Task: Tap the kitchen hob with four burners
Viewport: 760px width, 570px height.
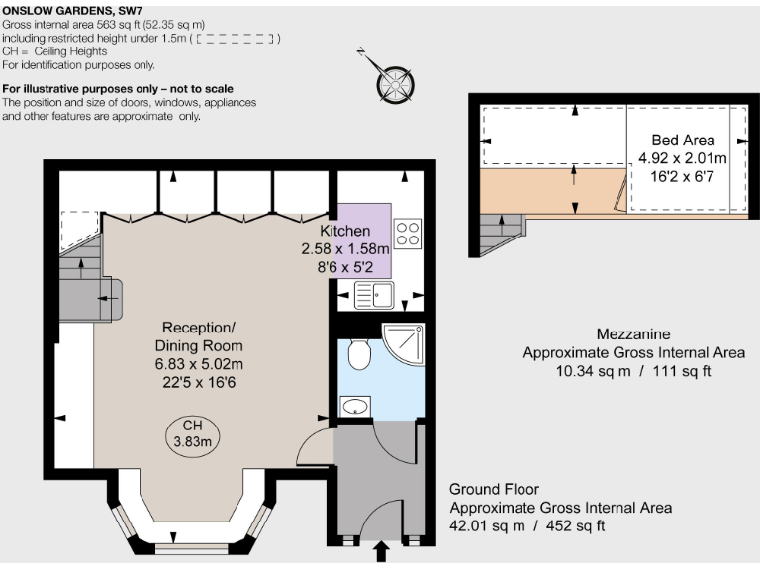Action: tap(408, 234)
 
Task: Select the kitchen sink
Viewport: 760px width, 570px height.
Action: tap(374, 293)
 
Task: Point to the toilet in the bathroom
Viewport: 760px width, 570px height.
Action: tap(359, 351)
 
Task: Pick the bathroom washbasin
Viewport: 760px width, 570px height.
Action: tap(353, 405)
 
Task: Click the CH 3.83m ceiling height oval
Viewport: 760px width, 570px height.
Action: tap(193, 433)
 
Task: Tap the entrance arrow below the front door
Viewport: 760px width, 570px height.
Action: tap(381, 551)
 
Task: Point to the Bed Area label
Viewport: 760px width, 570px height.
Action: tap(683, 141)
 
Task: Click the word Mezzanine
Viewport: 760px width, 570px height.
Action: tap(633, 334)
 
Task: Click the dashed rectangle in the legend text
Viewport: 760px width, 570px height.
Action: tap(236, 39)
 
